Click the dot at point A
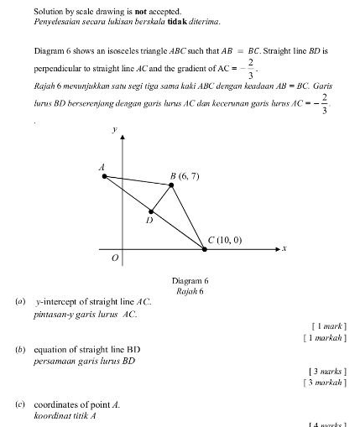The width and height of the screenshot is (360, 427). point(105,176)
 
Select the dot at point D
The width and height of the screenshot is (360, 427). point(151,212)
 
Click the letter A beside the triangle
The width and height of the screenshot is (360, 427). point(102,167)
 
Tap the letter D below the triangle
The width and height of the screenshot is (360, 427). point(149,221)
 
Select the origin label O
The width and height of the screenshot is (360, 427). point(116,259)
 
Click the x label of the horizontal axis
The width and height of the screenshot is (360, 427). point(285,249)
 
